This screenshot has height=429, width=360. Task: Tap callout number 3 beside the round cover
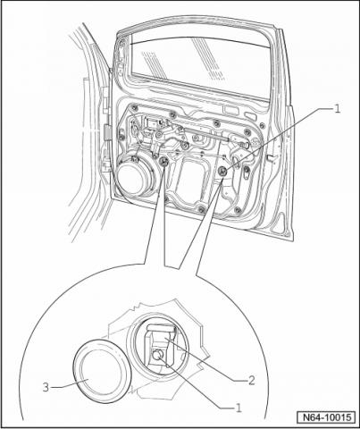point(46,387)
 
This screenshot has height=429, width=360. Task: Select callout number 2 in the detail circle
point(251,380)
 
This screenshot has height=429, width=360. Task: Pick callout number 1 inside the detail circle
point(239,408)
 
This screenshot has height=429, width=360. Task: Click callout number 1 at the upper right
point(337,109)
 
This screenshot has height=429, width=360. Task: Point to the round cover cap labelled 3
point(102,370)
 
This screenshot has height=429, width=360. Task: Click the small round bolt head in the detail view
point(157,355)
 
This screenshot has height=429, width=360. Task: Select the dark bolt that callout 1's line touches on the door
point(222,171)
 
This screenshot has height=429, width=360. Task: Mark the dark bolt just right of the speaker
point(163,162)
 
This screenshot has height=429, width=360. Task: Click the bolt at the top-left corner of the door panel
point(135,108)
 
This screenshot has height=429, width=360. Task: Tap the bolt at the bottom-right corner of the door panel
point(238,210)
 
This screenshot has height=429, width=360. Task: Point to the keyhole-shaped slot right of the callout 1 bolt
point(247,172)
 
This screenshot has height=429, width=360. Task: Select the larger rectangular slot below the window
point(230,110)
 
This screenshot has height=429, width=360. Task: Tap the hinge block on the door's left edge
point(106,132)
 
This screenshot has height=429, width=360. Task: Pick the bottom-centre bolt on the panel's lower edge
point(202,208)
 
